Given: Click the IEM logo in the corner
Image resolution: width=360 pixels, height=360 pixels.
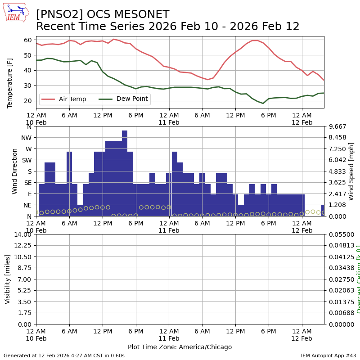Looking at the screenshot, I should [x=16, y=13].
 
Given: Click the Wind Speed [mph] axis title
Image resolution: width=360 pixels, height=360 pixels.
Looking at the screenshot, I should [x=351, y=171].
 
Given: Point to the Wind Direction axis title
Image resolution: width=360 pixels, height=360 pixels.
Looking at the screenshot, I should [x=15, y=171].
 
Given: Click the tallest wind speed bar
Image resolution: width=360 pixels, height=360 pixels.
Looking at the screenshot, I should [x=125, y=173].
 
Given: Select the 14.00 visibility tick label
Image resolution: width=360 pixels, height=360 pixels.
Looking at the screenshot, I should [x=22, y=234].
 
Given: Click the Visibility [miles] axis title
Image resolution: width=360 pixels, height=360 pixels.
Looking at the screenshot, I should [x=8, y=279].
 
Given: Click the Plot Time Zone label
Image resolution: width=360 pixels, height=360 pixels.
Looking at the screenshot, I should [x=180, y=347].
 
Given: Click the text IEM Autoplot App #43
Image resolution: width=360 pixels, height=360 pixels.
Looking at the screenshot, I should [x=328, y=355].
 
